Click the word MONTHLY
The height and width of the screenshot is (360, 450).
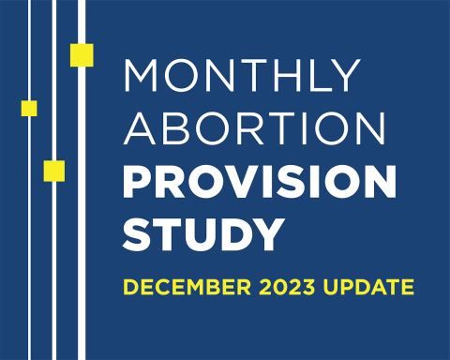tap(242, 75)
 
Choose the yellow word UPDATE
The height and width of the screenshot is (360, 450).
tap(374, 287)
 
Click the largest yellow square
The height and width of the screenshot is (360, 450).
tap(82, 55)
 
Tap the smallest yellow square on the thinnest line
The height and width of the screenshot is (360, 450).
tap(29, 108)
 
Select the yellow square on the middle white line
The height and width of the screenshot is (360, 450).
tap(54, 171)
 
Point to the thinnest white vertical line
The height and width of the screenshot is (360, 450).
tap(31, 234)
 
